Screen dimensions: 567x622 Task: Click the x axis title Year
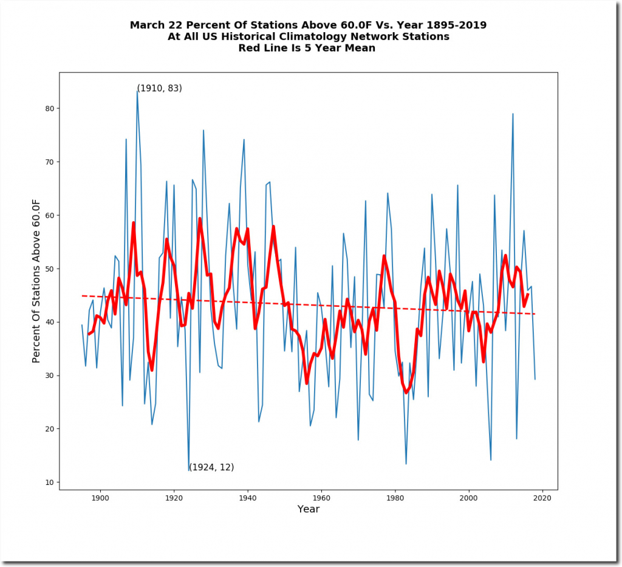point(308,509)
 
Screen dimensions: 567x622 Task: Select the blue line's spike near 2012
point(513,114)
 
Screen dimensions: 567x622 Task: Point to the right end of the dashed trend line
point(535,314)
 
